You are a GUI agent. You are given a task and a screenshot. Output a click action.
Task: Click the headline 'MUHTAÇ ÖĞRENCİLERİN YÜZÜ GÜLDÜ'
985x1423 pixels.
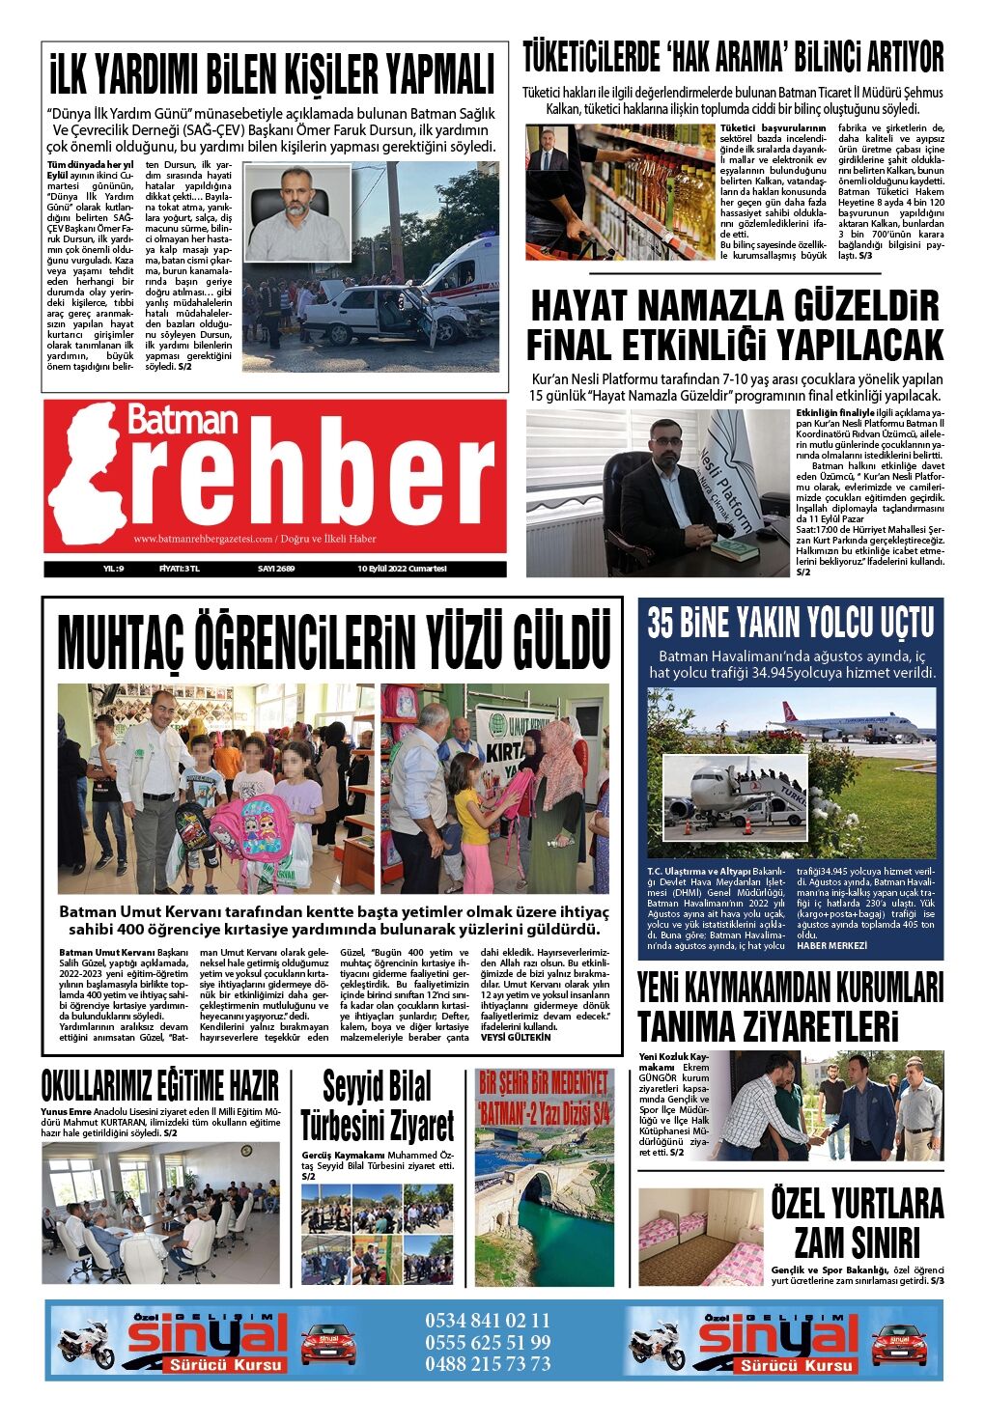pyautogui.click(x=333, y=640)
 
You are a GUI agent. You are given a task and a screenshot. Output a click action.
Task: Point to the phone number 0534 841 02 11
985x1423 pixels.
pyautogui.click(x=488, y=1320)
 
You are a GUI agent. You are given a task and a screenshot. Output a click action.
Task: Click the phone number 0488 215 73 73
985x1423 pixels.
pyautogui.click(x=488, y=1363)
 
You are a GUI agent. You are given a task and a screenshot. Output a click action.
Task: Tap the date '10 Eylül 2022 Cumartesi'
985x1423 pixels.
pyautogui.click(x=402, y=569)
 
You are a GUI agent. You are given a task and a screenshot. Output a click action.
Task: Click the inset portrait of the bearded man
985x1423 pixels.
pyautogui.click(x=296, y=212)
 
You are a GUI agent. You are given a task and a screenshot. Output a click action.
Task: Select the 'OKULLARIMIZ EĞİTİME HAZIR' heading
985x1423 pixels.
pyautogui.click(x=160, y=1085)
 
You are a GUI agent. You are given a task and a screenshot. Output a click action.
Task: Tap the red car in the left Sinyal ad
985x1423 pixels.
pyautogui.click(x=328, y=1343)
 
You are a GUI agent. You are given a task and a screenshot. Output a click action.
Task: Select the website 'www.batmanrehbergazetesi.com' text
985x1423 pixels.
pyautogui.click(x=203, y=539)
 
